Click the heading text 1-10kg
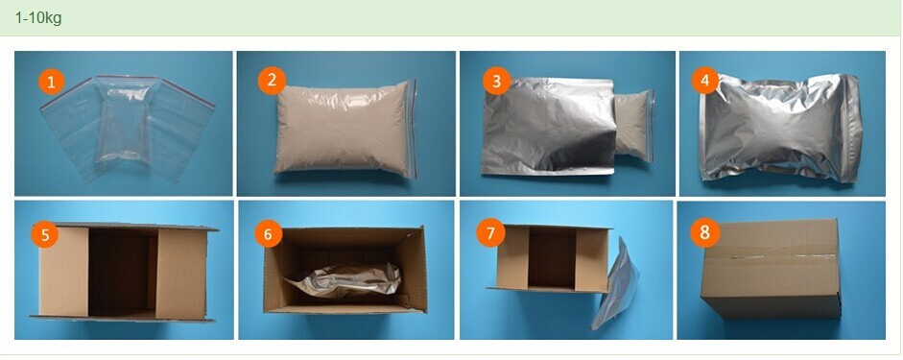click(x=38, y=18)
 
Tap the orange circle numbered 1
click(x=52, y=82)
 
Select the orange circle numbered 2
click(x=272, y=81)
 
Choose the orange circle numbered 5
click(x=45, y=234)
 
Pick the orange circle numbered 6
click(x=269, y=234)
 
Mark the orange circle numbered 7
click(x=490, y=233)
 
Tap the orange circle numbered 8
click(x=704, y=232)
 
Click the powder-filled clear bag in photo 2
click(x=345, y=129)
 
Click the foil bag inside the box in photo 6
click(x=342, y=280)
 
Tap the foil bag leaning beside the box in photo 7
click(x=616, y=282)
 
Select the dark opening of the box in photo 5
click(x=123, y=273)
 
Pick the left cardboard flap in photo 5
click(x=63, y=271)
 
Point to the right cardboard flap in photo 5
click(x=182, y=275)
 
